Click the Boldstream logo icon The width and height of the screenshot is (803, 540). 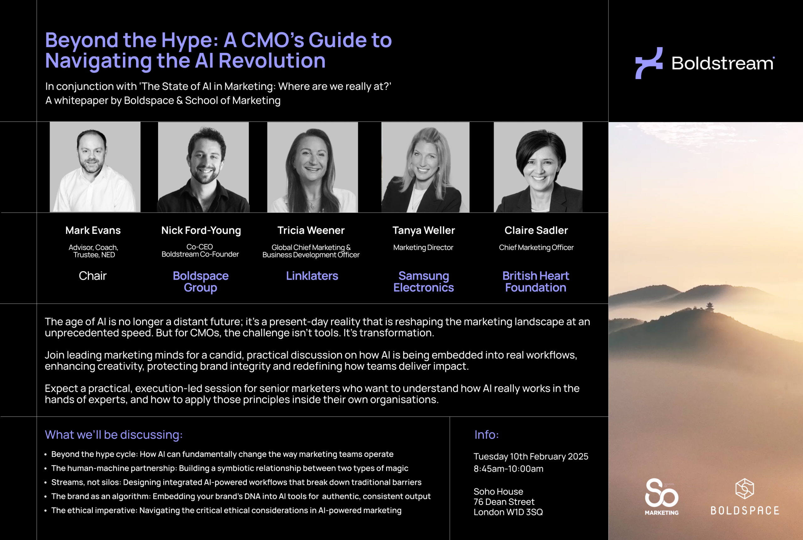click(x=649, y=63)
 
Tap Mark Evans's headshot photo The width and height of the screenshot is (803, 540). click(x=95, y=167)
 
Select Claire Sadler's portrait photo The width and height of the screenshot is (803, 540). click(x=538, y=167)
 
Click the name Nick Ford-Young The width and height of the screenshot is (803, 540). click(x=201, y=230)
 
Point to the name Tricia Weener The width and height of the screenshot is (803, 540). click(x=311, y=230)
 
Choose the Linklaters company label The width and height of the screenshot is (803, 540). click(x=312, y=276)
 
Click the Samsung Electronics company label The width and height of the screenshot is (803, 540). click(x=423, y=282)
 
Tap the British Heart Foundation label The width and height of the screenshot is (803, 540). click(x=535, y=282)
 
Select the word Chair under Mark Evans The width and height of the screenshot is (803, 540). click(x=93, y=276)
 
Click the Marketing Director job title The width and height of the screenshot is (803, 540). click(x=423, y=247)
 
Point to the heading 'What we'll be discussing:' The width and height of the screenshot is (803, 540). click(x=114, y=435)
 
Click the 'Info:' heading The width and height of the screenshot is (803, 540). click(x=487, y=435)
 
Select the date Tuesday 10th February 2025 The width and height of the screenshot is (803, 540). click(x=530, y=456)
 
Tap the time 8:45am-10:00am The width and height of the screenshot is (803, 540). click(x=508, y=469)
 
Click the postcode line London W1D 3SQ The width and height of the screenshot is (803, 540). click(x=508, y=512)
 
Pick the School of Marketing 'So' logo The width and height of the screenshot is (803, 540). click(x=662, y=496)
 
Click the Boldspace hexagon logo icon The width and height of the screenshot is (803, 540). click(x=744, y=488)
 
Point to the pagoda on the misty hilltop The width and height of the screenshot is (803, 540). click(x=710, y=306)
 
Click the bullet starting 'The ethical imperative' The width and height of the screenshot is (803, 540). click(x=226, y=511)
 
